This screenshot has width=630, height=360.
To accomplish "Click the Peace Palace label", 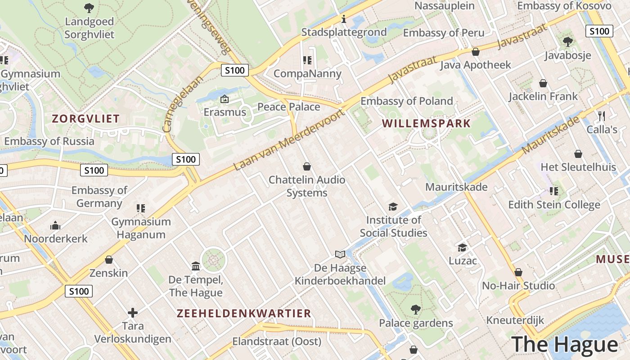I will pyautogui.click(x=288, y=107).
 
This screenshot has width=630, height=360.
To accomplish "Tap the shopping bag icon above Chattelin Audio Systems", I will pyautogui.click(x=307, y=166).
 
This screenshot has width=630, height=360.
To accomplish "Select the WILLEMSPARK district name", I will pyautogui.click(x=426, y=123).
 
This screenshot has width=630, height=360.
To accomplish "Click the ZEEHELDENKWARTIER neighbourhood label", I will pyautogui.click(x=244, y=313).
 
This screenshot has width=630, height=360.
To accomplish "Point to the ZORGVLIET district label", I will pyautogui.click(x=85, y=119).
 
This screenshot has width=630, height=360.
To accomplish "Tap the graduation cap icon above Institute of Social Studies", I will pyautogui.click(x=393, y=207).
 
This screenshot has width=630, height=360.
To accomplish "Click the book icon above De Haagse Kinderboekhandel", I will pyautogui.click(x=340, y=255).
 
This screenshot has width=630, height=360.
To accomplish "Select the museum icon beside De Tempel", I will pyautogui.click(x=196, y=266).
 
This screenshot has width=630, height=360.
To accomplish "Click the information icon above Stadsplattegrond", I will pyautogui.click(x=344, y=19).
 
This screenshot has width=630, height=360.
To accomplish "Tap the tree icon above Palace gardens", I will pyautogui.click(x=415, y=310).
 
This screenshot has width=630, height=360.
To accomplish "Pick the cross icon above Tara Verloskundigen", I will pyautogui.click(x=133, y=312).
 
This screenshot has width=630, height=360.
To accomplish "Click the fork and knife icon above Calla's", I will pyautogui.click(x=602, y=116).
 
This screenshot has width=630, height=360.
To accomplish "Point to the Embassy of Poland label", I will pyautogui.click(x=406, y=101).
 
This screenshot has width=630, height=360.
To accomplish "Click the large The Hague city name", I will pyautogui.click(x=565, y=344).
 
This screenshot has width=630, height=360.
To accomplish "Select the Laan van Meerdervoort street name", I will pyautogui.click(x=289, y=140).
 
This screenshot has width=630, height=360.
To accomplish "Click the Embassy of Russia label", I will pyautogui.click(x=49, y=141).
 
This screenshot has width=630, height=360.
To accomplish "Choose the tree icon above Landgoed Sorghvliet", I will pyautogui.click(x=89, y=8).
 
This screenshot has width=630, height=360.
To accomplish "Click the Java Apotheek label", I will pyautogui.click(x=475, y=65).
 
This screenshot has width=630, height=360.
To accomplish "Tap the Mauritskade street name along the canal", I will pyautogui.click(x=551, y=135).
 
